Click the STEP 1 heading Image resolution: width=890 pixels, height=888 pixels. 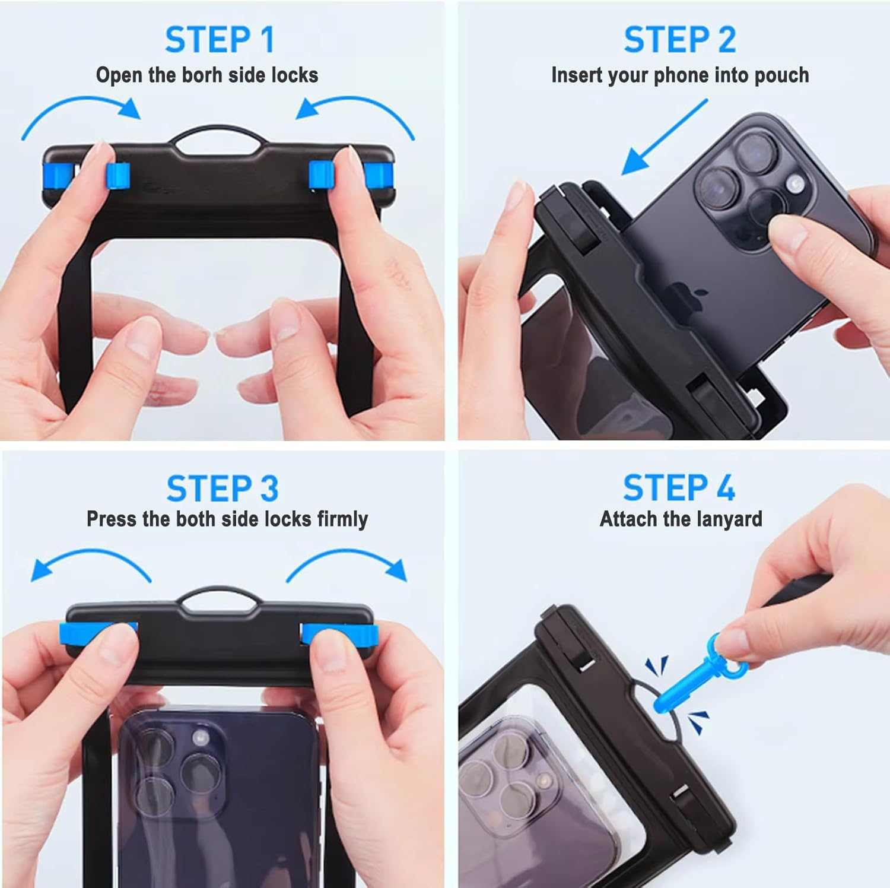tap(220, 40)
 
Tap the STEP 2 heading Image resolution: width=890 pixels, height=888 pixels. tap(679, 40)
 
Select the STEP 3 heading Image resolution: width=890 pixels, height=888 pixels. tap(222, 488)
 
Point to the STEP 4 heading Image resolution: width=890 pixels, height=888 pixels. tap(679, 488)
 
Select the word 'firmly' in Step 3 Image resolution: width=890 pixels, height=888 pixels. tap(342, 519)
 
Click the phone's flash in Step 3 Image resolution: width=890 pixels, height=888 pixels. tap(201, 739)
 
